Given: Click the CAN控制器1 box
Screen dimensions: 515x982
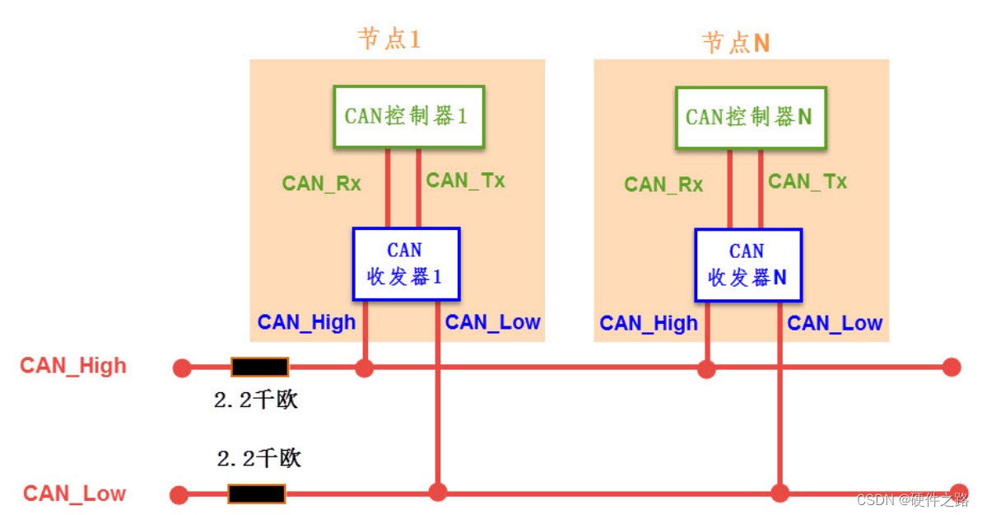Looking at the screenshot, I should coord(407,116).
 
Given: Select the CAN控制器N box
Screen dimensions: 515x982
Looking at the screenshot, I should coord(750,117).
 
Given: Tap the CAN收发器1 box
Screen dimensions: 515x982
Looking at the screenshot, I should coord(405,264).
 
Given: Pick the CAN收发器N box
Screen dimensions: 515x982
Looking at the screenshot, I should coord(747,265).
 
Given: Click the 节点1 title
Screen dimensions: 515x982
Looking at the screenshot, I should coord(389,39).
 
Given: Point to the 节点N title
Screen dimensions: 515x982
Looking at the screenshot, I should coord(735,42).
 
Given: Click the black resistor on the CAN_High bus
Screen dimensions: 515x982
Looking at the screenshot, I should coord(259,368).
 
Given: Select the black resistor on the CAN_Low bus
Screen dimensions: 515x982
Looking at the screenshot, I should coord(256,494).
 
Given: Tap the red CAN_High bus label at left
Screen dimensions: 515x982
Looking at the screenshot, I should coord(73,365).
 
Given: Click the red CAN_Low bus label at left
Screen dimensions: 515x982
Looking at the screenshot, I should coord(74,494).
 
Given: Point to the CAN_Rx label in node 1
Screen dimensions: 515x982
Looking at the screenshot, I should coord(321,183).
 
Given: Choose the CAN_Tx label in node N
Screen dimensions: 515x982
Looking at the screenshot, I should coord(807,181).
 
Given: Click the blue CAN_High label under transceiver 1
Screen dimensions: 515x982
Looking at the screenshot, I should coord(306,322).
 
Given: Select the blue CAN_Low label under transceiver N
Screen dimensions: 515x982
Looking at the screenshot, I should coord(835,323).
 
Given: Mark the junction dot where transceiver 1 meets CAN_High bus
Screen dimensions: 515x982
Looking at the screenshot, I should coord(364,368).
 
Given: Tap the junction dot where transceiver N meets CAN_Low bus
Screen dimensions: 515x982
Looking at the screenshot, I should coord(779,493).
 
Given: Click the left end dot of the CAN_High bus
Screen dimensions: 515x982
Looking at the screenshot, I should coord(182,368).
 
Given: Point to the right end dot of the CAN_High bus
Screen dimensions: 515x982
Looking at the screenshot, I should coord(952,367).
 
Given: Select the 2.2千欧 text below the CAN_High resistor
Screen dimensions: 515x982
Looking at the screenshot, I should coord(255,400).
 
